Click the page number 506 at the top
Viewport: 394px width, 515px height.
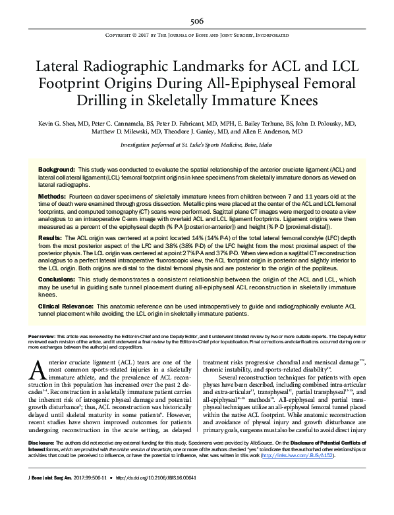point(196,20)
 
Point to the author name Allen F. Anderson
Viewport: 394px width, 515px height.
point(269,131)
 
